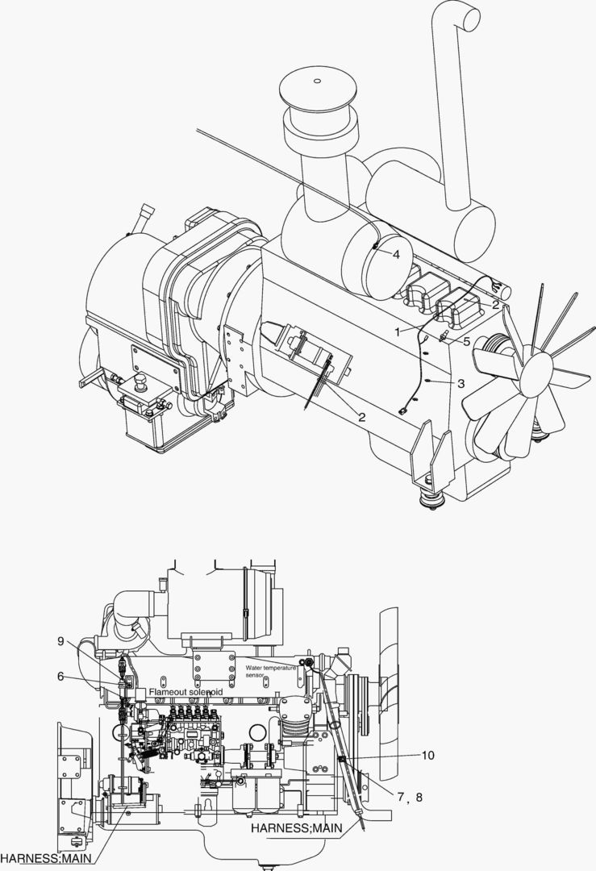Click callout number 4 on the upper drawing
tap(396, 254)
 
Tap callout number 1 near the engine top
tap(398, 331)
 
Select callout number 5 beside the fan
tap(467, 341)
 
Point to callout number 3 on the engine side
tap(461, 383)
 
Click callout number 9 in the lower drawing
tap(60, 641)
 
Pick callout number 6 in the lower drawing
tap(60, 676)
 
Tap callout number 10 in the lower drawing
tap(427, 756)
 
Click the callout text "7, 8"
tap(410, 797)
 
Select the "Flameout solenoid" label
tap(185, 692)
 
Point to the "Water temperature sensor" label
tap(270, 671)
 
